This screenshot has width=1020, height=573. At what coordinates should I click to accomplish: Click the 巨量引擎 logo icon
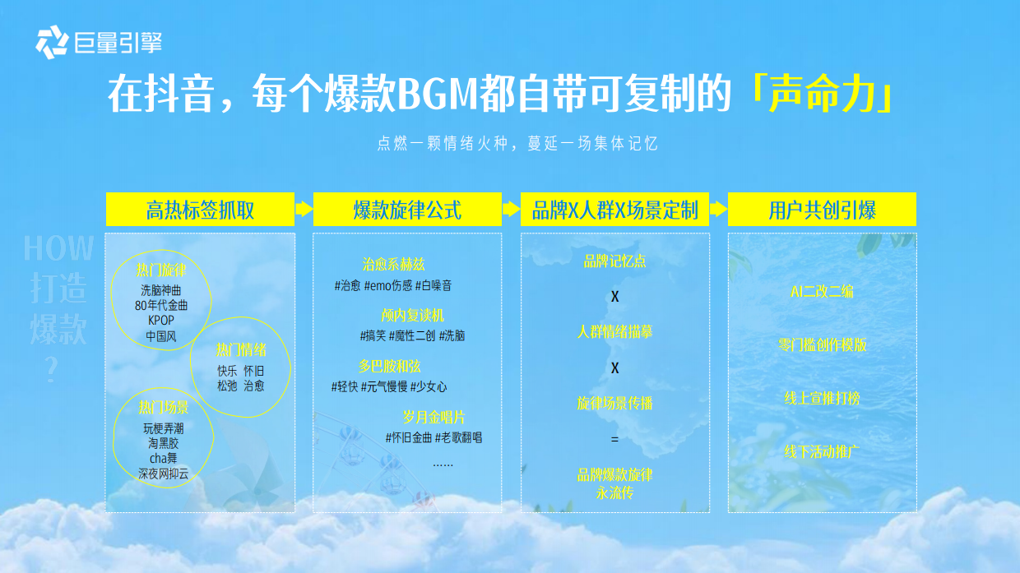coord(52,42)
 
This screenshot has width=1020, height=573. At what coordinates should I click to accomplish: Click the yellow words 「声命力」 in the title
coord(821,93)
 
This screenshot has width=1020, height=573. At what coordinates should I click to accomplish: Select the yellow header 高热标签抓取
coord(200,210)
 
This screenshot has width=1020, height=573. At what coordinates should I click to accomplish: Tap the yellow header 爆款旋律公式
coord(407,210)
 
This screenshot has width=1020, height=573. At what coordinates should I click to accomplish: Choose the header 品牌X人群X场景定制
coord(614,210)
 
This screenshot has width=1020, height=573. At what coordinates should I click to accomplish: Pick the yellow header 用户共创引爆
coord(822,210)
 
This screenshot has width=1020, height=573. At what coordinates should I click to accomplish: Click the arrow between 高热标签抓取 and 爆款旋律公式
coord(304,210)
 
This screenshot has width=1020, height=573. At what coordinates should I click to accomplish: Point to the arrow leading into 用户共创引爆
coord(719,210)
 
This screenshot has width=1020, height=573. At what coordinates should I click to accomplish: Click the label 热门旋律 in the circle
coord(160,270)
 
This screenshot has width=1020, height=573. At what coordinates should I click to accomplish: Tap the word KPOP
coord(160,321)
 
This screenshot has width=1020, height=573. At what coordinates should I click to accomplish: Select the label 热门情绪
coord(241,350)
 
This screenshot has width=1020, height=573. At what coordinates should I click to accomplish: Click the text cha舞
coord(163,458)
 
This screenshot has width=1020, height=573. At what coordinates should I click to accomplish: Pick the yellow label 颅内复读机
coord(412,316)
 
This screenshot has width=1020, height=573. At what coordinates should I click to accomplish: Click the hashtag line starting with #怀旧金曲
coord(433,438)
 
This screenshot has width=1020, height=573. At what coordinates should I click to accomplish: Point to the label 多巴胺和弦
coord(389,367)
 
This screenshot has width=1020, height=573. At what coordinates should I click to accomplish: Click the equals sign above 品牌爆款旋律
coord(614,439)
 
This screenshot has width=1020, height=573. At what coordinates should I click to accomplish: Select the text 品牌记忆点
coord(614,261)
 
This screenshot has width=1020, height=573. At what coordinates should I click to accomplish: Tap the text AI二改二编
coord(822,291)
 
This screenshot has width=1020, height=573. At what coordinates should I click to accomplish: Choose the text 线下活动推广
coord(822,452)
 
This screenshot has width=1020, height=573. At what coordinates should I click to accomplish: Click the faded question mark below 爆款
coord(52,369)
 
